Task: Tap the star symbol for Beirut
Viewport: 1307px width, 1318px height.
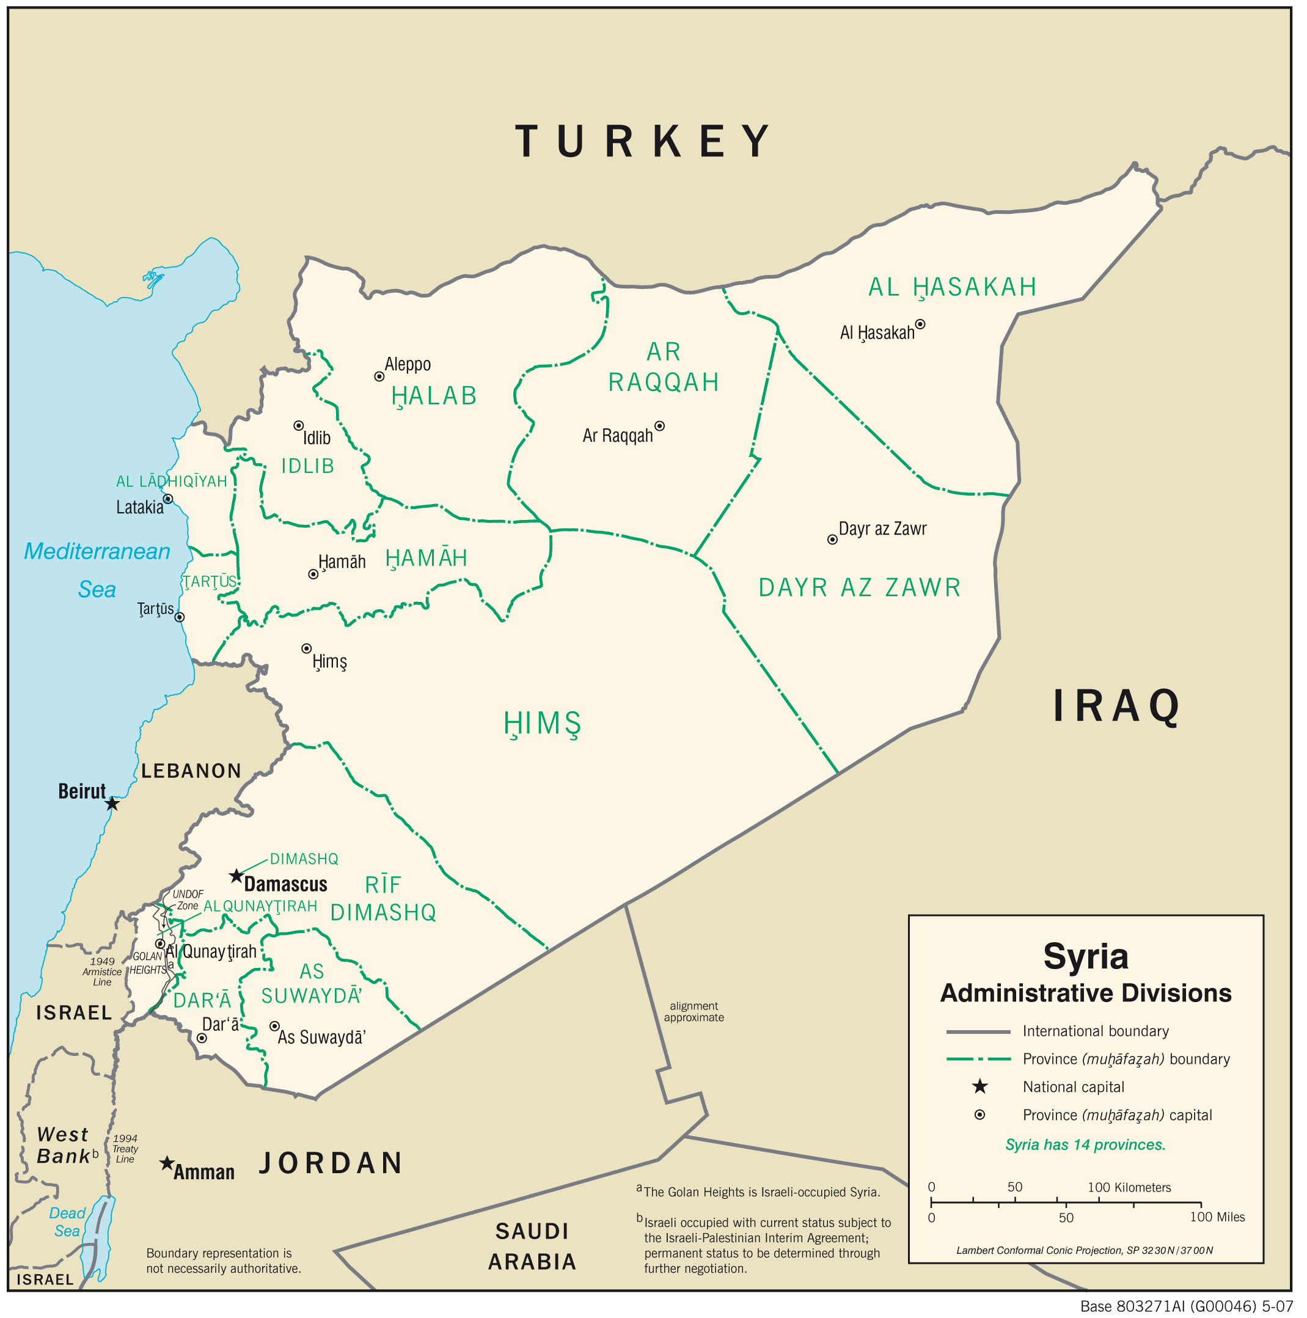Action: [112, 804]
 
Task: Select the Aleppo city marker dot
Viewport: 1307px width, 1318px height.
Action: [379, 376]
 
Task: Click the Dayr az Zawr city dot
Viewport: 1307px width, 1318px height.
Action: [832, 540]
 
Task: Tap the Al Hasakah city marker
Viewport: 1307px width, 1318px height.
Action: [920, 324]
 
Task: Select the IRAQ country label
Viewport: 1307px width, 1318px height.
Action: [1118, 706]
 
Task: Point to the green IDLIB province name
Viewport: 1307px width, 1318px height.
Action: [307, 467]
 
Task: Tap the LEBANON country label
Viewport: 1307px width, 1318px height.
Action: [191, 771]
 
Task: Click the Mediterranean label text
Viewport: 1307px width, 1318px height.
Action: [97, 551]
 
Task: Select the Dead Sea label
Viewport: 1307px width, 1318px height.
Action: [67, 1222]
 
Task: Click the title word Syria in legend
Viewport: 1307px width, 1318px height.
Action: [1085, 956]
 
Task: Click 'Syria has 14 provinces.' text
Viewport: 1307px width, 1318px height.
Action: [1085, 1144]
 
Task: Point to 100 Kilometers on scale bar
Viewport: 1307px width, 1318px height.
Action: [1129, 1188]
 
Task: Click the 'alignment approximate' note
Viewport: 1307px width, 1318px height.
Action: [694, 1012]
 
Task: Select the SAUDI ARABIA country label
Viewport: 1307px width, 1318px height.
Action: [532, 1247]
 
